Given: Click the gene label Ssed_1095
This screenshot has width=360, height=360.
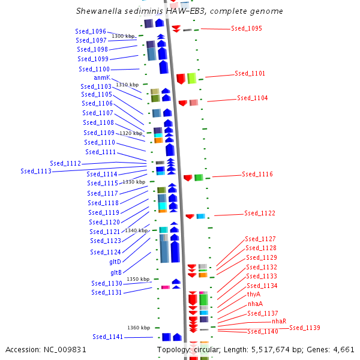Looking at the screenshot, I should [246, 29].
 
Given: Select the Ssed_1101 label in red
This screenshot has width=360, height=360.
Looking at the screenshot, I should [250, 74].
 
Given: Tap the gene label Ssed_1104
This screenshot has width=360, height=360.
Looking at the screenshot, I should [252, 98].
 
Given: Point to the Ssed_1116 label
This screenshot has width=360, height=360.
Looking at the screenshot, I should [257, 175].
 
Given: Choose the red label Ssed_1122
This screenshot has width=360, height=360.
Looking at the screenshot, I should [259, 214].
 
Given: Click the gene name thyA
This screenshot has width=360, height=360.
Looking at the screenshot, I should [254, 295].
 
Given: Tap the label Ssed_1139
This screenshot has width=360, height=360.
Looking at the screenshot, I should [304, 328].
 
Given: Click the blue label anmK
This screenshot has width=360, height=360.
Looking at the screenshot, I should [101, 78].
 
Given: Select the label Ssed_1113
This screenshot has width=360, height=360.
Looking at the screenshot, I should [35, 171].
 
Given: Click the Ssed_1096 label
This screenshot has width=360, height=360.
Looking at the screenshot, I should [91, 31].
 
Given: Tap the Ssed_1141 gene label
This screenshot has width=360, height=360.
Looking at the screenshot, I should [107, 337].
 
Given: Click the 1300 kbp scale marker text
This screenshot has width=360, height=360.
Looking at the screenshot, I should [123, 37].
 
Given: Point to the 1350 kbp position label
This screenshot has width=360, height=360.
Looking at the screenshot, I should [137, 279].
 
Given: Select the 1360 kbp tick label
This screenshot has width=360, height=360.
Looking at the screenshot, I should [138, 328].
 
